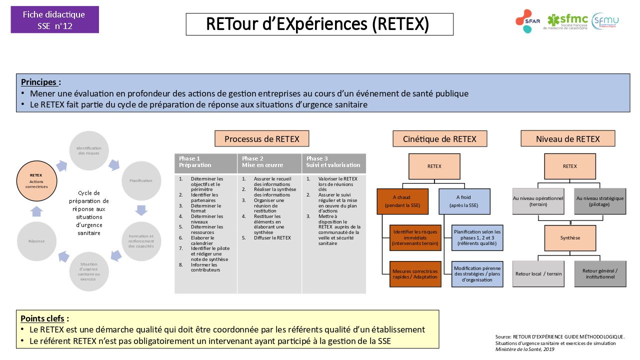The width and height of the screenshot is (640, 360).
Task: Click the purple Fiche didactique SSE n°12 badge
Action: (54, 20)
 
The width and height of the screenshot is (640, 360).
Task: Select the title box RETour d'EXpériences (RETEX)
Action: (319, 24)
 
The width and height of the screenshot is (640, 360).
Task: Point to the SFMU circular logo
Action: (605, 21)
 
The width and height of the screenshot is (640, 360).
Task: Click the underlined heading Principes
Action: (41, 82)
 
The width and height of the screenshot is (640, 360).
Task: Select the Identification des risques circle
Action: (89, 150)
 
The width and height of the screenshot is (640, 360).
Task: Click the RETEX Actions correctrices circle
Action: (36, 181)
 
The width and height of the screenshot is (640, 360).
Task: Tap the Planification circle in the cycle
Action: (141, 180)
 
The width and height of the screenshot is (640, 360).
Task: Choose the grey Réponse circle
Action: (36, 241)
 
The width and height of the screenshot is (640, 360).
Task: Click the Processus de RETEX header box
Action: (261, 139)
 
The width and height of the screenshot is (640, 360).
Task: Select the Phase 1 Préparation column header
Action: (205, 162)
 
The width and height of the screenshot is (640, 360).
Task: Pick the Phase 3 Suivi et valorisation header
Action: (333, 162)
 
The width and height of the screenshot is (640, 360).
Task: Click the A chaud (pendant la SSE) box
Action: (403, 201)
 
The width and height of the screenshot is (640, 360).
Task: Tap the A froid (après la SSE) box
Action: (464, 201)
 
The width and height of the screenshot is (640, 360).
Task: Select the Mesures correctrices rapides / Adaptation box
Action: (415, 274)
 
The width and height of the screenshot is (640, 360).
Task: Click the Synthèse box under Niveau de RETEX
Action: (570, 238)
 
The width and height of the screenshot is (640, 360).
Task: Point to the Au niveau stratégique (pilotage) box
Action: (600, 201)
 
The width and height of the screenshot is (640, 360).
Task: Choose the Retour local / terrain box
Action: (538, 274)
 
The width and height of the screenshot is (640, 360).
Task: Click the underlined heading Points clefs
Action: (44, 318)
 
